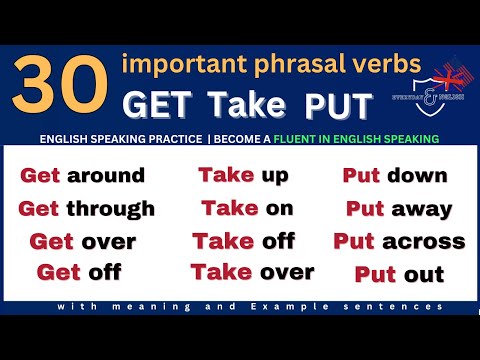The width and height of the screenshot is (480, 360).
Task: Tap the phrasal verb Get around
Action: point(83,177)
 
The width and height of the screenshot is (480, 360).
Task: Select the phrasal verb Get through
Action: point(87,209)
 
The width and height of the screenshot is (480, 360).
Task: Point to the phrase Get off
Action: point(78,271)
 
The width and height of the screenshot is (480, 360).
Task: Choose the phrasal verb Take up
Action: point(244,176)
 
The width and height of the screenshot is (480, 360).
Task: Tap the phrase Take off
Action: point(244,240)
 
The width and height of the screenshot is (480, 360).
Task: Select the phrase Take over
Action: point(252,271)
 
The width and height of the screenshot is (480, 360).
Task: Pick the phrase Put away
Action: point(399,209)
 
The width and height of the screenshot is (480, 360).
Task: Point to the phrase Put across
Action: point(399,241)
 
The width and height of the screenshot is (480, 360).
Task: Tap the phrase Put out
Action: point(399,273)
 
